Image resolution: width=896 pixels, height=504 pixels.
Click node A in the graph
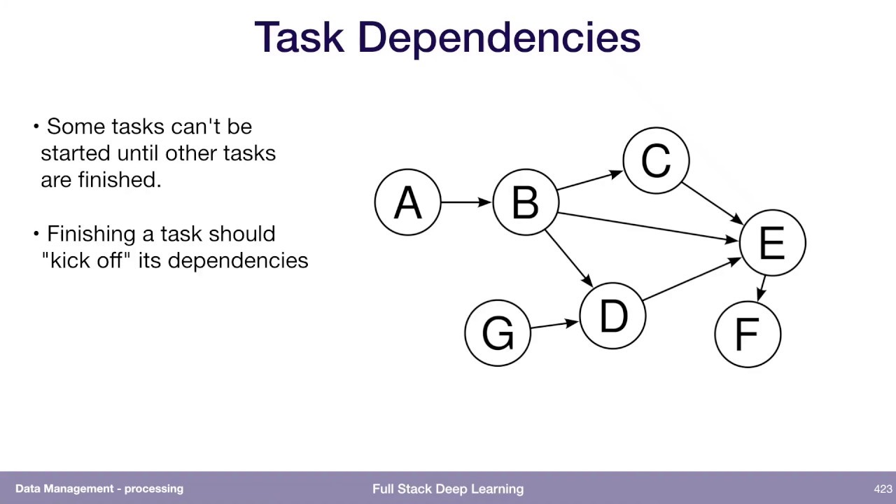coord(408,202)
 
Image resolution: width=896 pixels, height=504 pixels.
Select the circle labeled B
coord(526,202)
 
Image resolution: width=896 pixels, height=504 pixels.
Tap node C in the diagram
coord(656,160)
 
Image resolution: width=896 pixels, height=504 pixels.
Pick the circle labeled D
coord(613,316)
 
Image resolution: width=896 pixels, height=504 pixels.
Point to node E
coord(772,243)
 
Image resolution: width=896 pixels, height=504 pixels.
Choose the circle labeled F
coord(748,334)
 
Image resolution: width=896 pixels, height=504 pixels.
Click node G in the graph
coord(498,332)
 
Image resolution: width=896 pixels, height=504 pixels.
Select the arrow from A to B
coord(466,202)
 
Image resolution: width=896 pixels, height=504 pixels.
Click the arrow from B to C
coord(590,180)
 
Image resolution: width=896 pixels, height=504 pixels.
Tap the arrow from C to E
coord(712,204)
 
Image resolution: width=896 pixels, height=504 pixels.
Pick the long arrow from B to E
coord(647,227)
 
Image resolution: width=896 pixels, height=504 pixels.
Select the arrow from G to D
coord(554,324)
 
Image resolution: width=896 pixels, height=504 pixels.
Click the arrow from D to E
coord(691,279)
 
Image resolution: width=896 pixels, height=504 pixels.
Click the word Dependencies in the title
coord(498,38)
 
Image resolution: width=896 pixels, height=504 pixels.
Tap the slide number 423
coord(882,489)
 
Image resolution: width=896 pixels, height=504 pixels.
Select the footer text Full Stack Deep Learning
coord(448,489)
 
